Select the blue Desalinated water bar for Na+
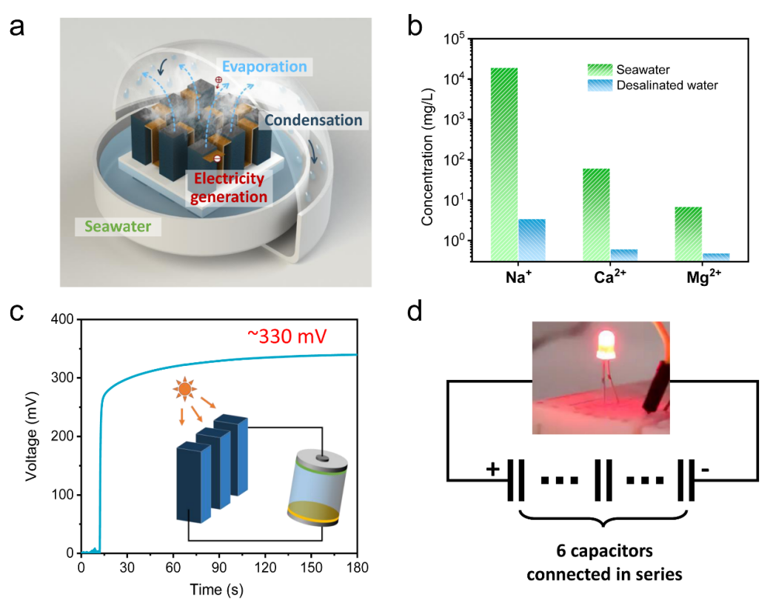coord(532,239)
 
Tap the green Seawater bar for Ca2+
coord(596,214)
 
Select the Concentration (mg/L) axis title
coord(428,149)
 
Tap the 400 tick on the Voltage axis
coord(64,319)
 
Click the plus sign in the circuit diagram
coord(492,469)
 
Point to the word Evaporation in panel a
coord(264,67)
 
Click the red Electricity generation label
coord(230,188)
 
